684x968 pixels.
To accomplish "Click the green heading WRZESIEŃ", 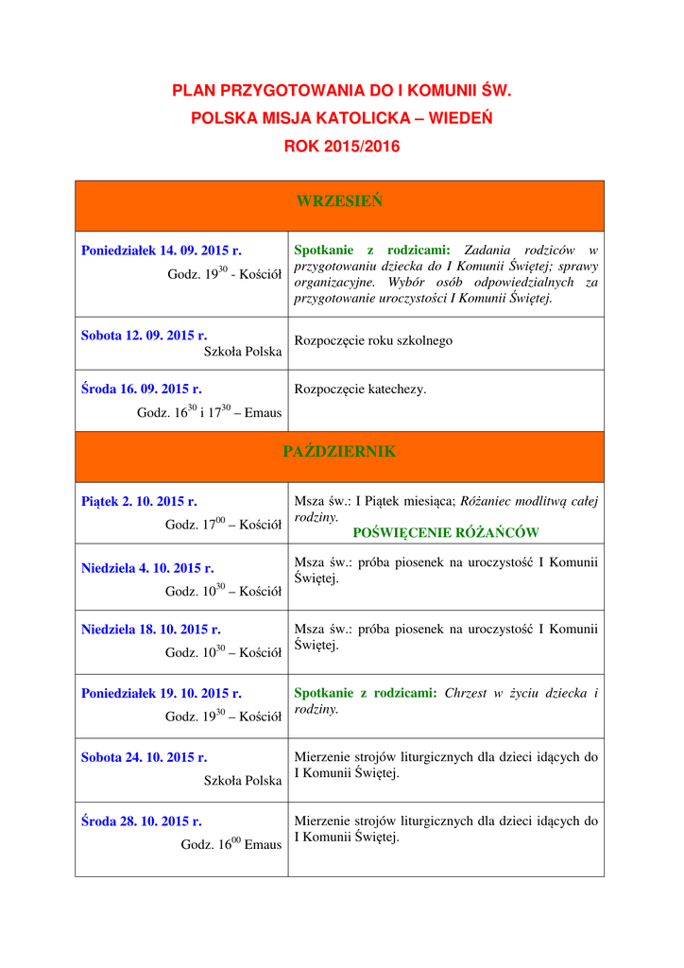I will point(339,200).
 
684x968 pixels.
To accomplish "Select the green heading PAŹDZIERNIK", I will point(339,452).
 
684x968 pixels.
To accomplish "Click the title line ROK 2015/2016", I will point(341,147).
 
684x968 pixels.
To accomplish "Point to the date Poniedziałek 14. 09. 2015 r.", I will point(162,251).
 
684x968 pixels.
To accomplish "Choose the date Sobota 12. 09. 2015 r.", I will point(145,335).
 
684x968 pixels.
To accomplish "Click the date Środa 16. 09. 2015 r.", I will point(142,389).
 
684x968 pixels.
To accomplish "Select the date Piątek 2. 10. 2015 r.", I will point(139,501).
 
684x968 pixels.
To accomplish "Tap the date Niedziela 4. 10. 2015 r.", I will point(147,568).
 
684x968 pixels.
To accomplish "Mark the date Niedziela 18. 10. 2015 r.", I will point(151,629).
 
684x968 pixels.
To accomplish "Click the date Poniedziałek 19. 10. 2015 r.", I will point(162,693).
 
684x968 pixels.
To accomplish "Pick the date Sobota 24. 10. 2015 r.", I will point(145,757).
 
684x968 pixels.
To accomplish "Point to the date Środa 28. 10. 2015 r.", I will point(142,821).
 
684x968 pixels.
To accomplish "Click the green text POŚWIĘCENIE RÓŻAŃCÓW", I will point(445,532).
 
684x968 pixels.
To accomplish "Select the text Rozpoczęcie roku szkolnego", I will point(373,340).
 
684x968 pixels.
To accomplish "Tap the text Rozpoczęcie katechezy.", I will point(360,389).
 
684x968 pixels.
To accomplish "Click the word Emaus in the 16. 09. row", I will point(264,413).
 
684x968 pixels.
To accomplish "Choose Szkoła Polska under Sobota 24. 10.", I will point(243,781).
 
